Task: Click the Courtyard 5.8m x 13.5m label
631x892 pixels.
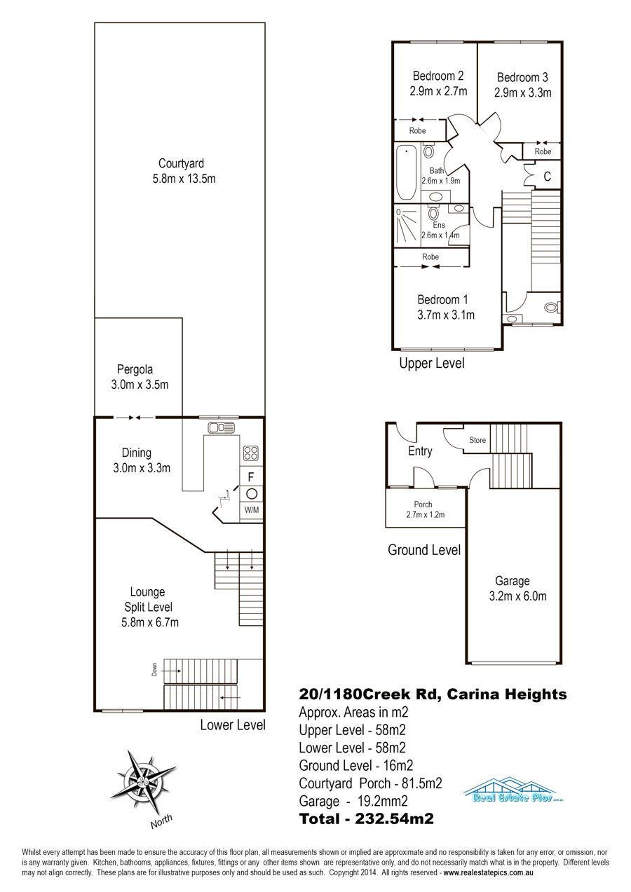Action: point(184,171)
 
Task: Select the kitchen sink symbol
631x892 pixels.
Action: point(221,427)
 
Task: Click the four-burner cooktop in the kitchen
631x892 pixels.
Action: point(251,453)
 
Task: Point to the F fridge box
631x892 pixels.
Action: point(251,476)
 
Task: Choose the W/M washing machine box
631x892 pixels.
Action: point(252,510)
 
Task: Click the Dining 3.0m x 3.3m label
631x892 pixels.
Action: point(142,460)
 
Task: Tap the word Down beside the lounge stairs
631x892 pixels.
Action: point(154,669)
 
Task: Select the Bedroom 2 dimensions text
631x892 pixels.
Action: point(438,91)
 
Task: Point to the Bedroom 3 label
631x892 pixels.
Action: point(522,77)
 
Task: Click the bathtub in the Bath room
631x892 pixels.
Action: point(407,173)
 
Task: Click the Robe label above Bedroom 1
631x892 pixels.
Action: point(430,257)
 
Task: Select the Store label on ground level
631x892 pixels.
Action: point(477,440)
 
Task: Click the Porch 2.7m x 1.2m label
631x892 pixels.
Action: point(425,509)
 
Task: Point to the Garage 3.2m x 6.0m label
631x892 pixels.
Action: point(517,588)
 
